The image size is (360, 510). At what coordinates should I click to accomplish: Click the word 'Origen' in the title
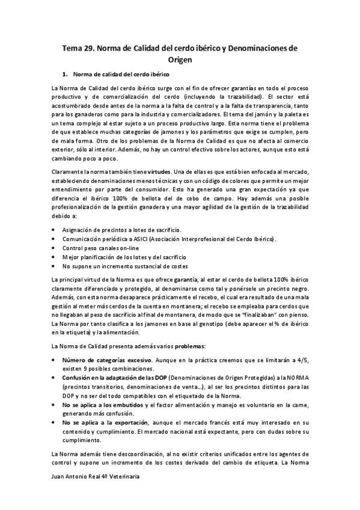(180, 60)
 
